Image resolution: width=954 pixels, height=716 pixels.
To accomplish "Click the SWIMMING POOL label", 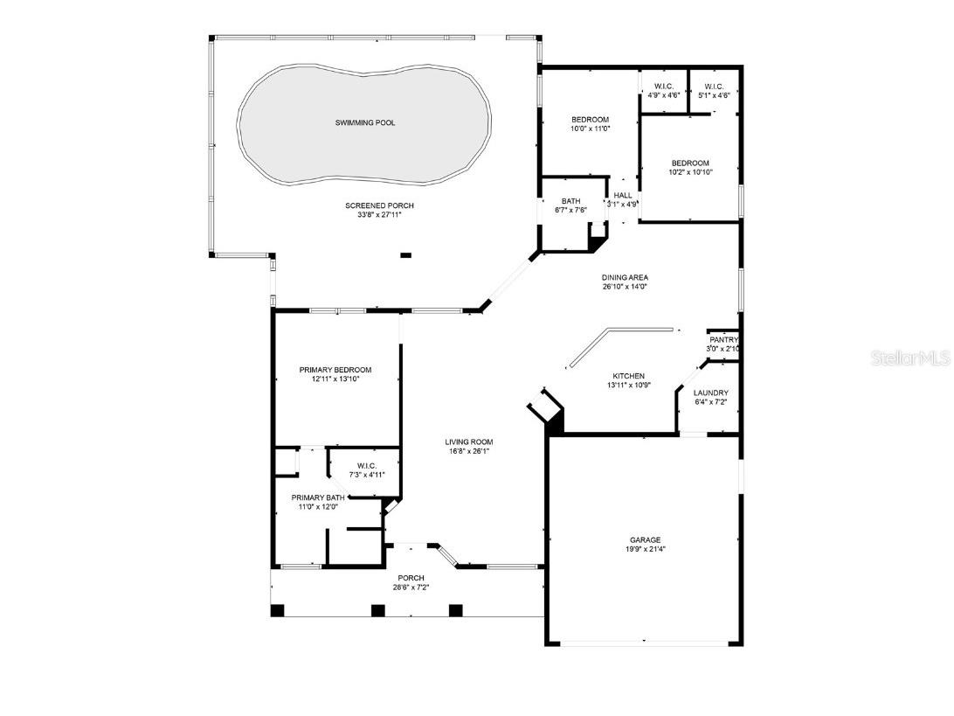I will point(365,123).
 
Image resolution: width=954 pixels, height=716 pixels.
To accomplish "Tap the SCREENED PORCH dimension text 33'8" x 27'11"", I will point(379,216).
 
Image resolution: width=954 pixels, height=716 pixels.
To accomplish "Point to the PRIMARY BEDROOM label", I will point(335,369).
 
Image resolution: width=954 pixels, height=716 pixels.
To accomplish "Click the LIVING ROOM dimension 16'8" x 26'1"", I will point(469,452).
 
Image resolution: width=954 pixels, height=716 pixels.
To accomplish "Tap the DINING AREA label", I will point(625,277).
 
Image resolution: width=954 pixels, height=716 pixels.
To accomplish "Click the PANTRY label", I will point(723,340).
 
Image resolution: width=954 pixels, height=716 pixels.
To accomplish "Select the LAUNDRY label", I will point(711,393).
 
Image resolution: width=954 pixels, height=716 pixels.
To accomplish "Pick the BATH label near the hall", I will point(570,201).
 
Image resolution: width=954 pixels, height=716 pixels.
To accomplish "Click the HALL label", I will point(623,196).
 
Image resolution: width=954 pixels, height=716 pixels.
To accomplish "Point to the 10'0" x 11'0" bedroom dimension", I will point(591,129).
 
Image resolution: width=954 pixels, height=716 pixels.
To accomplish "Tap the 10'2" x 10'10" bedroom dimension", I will point(690,172).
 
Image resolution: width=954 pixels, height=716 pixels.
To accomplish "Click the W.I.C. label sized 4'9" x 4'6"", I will point(664,86).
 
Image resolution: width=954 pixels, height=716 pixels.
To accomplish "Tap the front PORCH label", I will point(411,578).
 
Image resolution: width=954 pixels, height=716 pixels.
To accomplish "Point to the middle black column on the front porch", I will point(378,610).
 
